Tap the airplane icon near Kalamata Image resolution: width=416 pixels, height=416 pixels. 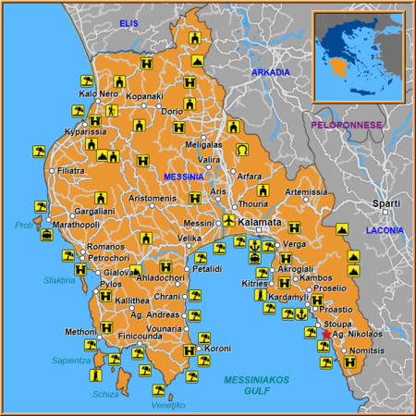coord(229,220)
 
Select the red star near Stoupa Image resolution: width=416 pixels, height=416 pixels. coord(326,334)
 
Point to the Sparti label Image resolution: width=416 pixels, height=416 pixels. coord(385,203)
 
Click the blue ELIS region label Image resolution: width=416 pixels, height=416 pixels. coord(128,22)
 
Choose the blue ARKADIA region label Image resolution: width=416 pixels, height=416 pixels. coord(271,72)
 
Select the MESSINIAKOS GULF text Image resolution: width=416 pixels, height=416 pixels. coord(257,385)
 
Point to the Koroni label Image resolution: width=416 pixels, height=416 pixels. coord(218,349)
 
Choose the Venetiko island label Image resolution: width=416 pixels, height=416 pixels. coord(168,405)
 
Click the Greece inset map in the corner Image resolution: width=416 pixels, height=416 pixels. coord(359,55)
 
